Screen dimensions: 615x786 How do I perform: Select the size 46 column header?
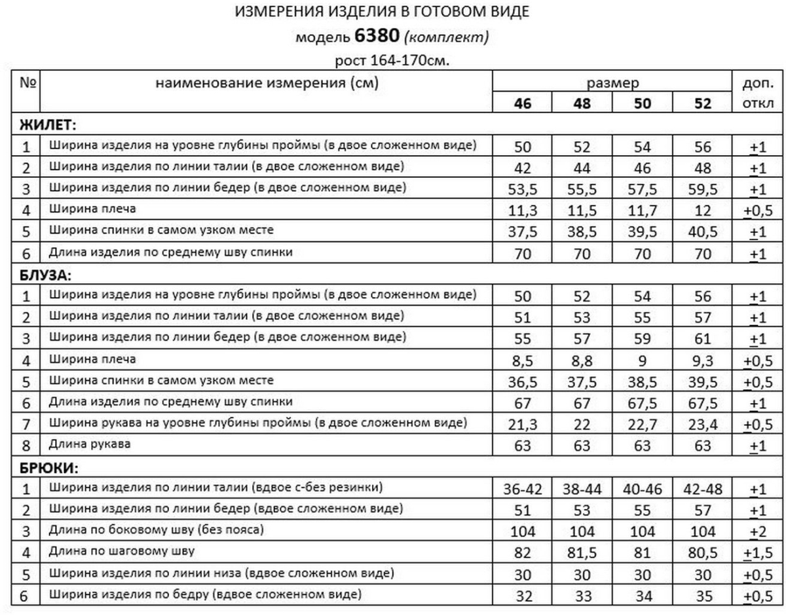(522, 103)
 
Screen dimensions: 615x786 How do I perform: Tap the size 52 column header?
(702, 103)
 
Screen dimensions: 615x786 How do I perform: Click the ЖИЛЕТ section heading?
(47, 124)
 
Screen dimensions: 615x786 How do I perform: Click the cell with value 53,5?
(522, 190)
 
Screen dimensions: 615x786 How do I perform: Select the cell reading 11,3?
(522, 211)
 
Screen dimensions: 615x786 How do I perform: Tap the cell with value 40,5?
(702, 232)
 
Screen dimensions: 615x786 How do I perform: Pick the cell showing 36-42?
(522, 489)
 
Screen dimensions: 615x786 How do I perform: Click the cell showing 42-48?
(702, 489)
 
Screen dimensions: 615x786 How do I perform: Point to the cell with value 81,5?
(582, 553)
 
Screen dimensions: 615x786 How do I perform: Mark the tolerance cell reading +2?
(758, 531)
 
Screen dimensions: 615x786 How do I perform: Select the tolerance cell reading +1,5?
(758, 553)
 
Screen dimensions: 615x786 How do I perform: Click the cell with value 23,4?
(702, 425)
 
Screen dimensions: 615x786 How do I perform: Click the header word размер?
(612, 83)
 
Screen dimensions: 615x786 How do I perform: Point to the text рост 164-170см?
(393, 60)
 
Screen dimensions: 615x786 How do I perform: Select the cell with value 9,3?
(702, 360)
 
